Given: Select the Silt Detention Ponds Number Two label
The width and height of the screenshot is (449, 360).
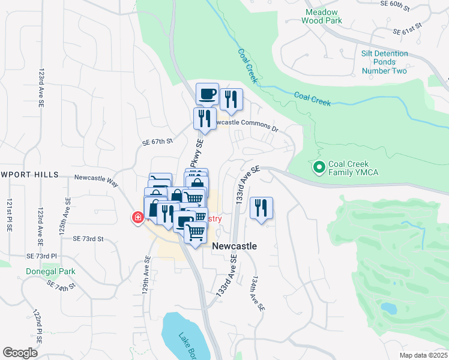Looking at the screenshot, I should tap(384, 62).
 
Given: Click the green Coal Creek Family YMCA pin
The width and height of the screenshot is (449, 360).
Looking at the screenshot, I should tap(319, 166).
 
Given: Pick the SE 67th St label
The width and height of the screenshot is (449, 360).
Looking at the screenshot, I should tap(157, 142).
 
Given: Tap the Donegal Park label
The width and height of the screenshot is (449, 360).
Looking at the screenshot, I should tap(50, 271).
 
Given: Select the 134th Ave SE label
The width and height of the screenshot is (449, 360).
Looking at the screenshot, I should tap(258, 293).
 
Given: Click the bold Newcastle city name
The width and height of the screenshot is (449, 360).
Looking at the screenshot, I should tap(234, 246).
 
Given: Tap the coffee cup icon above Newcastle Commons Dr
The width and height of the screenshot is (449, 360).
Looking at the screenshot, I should tap(207, 94).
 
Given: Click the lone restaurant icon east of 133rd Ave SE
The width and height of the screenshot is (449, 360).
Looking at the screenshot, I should tap(261, 208).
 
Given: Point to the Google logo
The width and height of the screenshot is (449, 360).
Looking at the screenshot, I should tap(20, 352).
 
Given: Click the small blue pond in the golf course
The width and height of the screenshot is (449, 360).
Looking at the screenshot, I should tap(389, 308).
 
